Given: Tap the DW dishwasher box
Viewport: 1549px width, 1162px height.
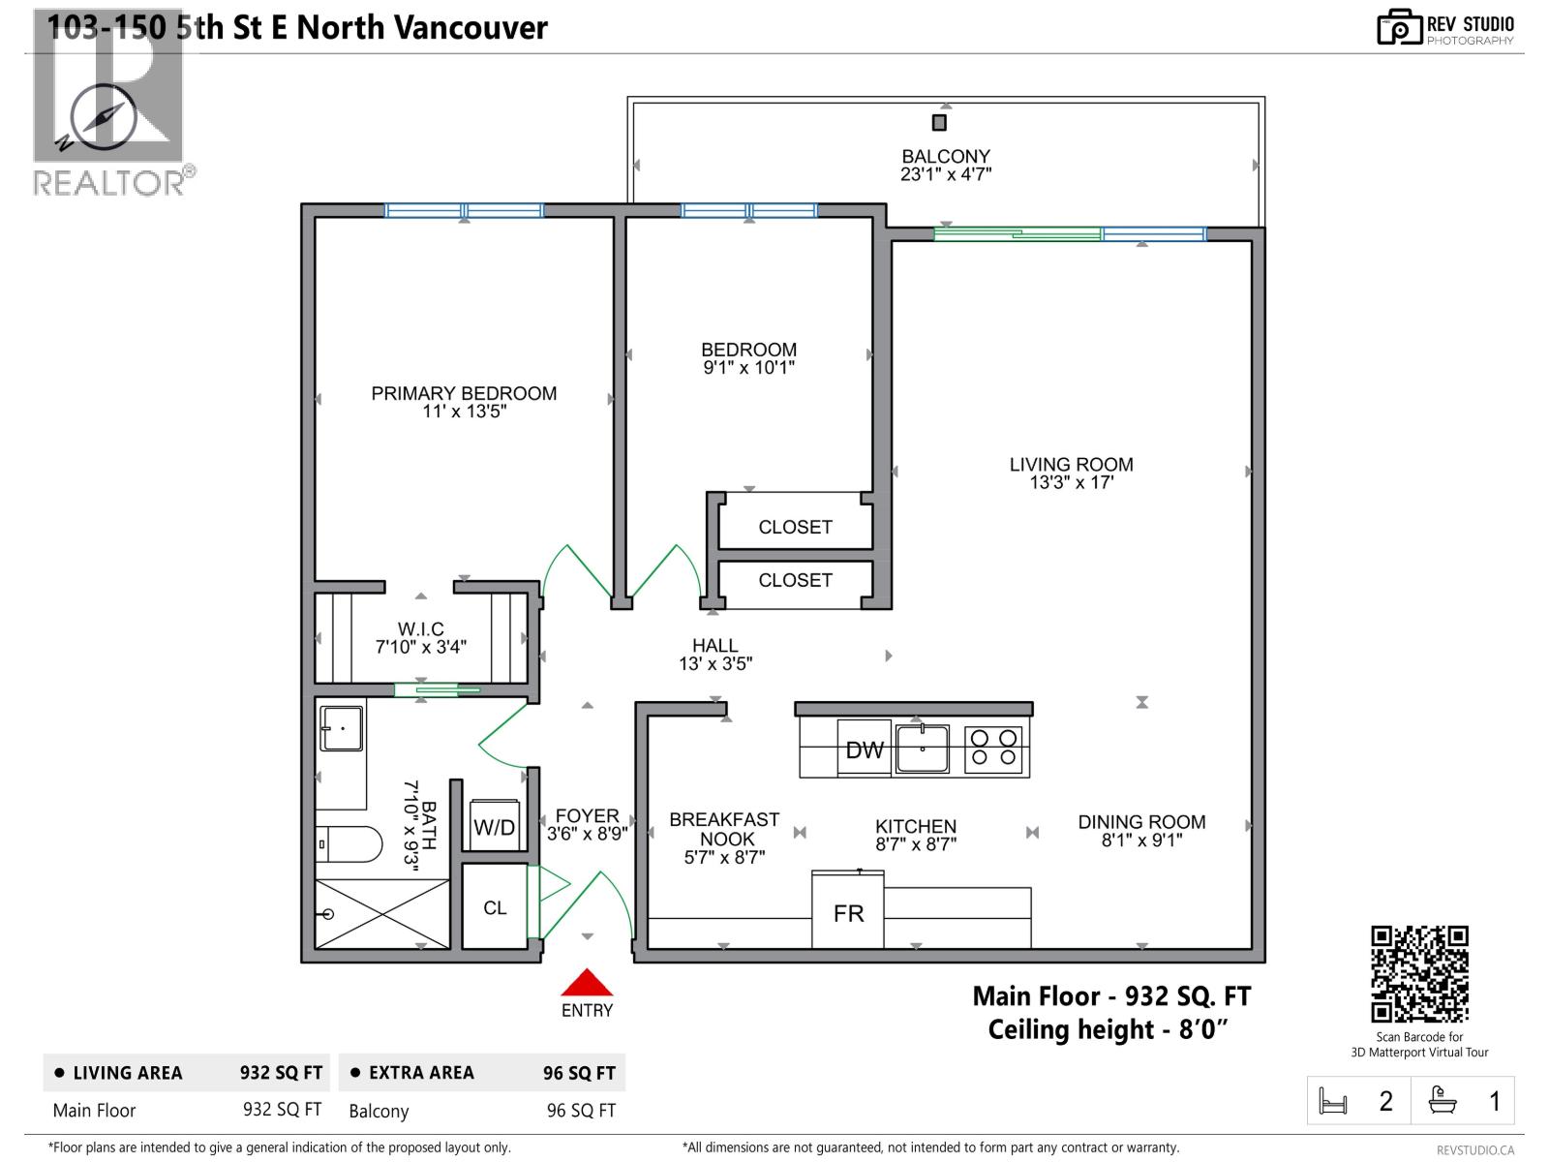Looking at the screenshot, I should (865, 749).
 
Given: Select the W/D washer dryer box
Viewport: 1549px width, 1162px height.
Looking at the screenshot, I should (494, 826).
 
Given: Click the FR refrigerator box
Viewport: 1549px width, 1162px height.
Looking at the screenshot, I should (848, 911).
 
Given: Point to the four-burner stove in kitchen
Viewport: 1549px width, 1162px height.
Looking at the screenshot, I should (994, 749).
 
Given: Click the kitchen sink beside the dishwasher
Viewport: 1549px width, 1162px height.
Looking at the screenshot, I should (922, 749).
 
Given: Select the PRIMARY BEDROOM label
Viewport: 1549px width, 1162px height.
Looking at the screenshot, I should (464, 393).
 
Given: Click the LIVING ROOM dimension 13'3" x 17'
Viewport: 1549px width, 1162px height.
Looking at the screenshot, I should (1071, 482).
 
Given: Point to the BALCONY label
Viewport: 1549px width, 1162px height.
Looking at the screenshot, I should (946, 156).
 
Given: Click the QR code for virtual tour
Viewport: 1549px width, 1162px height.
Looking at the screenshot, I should (1419, 973).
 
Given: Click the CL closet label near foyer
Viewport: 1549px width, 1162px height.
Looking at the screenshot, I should (495, 907).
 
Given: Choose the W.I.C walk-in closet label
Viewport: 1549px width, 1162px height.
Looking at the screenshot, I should (421, 629).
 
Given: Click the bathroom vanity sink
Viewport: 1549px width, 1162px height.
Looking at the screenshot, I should (342, 728).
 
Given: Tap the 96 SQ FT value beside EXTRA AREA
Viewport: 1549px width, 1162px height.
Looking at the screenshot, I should (579, 1073).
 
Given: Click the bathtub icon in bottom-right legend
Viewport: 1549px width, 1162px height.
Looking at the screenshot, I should (1443, 1101).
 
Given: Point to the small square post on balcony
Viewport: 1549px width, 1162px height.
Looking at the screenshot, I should (938, 122).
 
